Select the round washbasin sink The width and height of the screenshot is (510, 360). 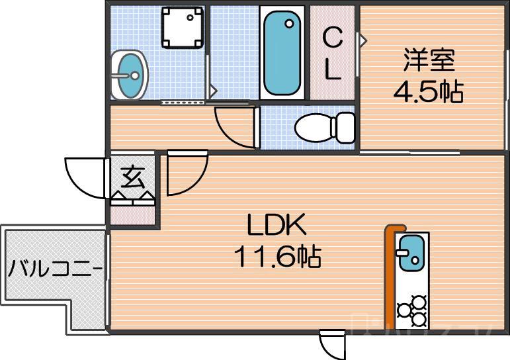point(128,74)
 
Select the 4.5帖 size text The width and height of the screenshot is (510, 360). point(428,91)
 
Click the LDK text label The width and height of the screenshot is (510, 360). point(276,227)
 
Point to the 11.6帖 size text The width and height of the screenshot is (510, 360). point(276,255)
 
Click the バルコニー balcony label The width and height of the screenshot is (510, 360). point(54,269)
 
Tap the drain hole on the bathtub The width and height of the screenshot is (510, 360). point(288,24)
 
